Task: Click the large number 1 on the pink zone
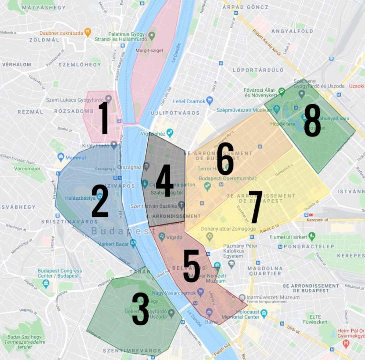click(x=104, y=117)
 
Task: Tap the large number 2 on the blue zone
click(x=100, y=201)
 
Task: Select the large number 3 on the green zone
click(x=141, y=309)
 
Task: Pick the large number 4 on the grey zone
click(x=164, y=181)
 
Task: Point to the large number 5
click(x=192, y=266)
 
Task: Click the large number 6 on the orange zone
click(x=225, y=158)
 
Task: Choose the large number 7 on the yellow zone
click(x=256, y=207)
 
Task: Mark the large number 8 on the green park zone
click(x=312, y=120)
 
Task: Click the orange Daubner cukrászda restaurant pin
click(x=87, y=32)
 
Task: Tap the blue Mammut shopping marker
click(x=61, y=156)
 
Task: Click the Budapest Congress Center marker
click(x=46, y=284)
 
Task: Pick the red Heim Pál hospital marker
click(x=346, y=342)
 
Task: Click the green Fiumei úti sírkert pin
click(x=312, y=236)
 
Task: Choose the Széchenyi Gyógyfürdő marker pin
click(x=301, y=93)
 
